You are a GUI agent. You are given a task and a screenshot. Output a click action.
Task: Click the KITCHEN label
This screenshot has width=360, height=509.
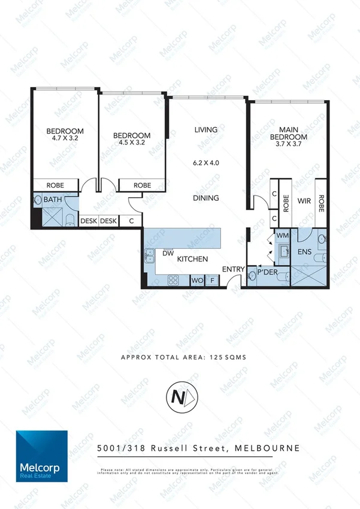tap(192, 259)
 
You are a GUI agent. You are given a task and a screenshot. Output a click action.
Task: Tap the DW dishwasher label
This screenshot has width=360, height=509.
tap(168, 253)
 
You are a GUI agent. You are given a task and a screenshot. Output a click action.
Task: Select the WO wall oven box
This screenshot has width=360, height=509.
tap(196, 280)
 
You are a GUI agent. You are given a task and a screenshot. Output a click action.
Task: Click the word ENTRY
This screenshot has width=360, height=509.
tap(232, 270)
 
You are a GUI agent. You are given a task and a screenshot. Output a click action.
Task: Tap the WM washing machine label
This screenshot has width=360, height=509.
tap(282, 236)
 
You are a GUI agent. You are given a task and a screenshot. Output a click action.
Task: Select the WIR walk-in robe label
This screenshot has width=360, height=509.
tap(303, 201)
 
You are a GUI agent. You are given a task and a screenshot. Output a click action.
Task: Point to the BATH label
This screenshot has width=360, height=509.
tap(52, 200)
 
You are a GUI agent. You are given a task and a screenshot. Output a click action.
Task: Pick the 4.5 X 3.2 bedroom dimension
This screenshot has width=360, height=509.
tap(132, 143)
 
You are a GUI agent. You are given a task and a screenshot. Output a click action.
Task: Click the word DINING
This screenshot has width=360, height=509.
tap(205, 198)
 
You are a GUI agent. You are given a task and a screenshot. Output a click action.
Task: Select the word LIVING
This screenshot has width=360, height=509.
tap(205, 129)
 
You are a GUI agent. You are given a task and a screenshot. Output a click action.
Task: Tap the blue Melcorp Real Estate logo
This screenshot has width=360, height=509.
tap(42, 456)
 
